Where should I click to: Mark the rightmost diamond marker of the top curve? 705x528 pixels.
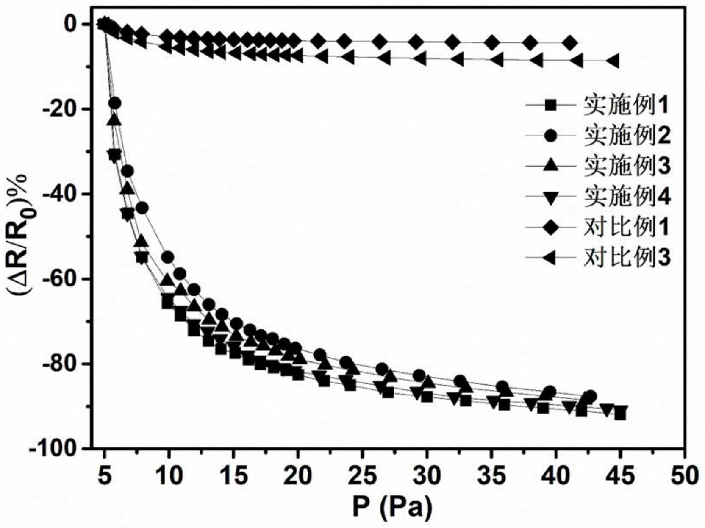coord(570,43)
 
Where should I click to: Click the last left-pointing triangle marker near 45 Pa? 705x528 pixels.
coord(613,61)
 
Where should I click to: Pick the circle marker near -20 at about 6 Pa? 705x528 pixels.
coord(114,103)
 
